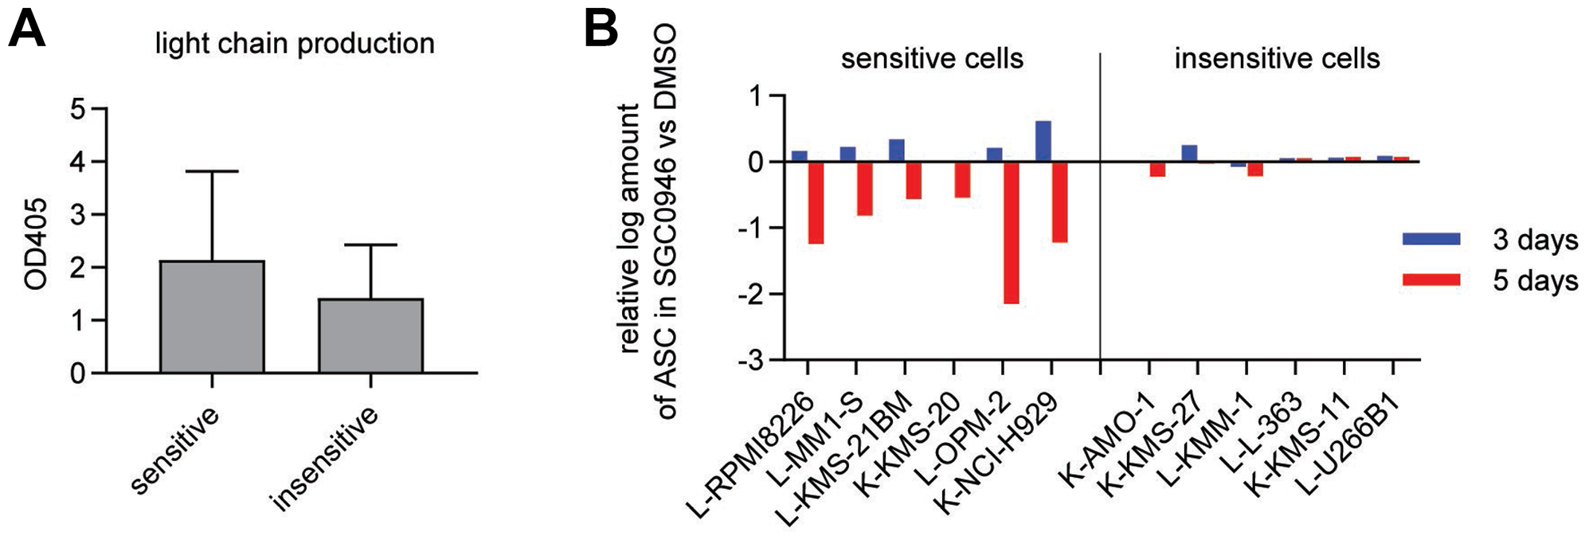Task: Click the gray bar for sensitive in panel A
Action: coord(212,316)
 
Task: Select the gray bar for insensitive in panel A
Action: coord(370,335)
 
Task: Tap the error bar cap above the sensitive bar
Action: coord(212,171)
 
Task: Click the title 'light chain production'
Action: coord(295,43)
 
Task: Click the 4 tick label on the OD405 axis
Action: coord(76,162)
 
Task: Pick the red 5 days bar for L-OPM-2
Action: coord(1011,233)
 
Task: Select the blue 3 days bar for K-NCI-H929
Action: coord(1043,142)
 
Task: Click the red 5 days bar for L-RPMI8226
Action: coord(816,202)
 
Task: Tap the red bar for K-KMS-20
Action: coord(962,180)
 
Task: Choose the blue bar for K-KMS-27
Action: coord(1188,154)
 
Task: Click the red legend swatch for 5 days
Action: coord(1431,280)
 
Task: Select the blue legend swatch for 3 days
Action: coord(1431,239)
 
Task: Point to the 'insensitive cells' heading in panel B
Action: coord(1276,58)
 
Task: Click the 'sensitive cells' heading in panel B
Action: coord(931,58)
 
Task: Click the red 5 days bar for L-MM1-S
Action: coord(865,189)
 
